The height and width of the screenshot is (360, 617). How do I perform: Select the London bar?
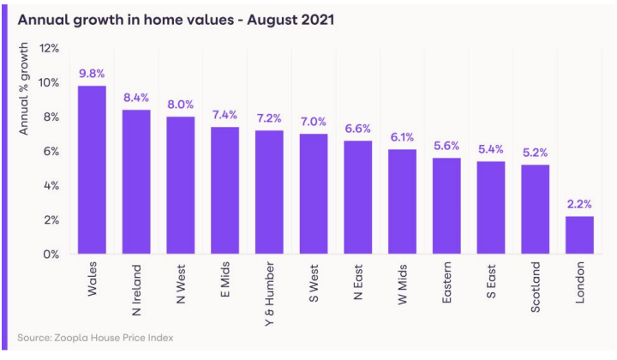point(580,235)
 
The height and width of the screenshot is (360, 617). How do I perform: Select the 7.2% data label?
point(270,117)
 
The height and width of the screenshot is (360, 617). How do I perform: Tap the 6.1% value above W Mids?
point(403,136)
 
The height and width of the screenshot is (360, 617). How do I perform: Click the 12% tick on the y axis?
point(48,48)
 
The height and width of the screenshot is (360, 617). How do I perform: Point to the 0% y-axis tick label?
point(51,254)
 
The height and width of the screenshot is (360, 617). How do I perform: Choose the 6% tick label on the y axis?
point(51,151)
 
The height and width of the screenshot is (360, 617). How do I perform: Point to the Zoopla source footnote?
point(95,338)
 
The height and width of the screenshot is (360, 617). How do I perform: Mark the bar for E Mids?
point(225,190)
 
